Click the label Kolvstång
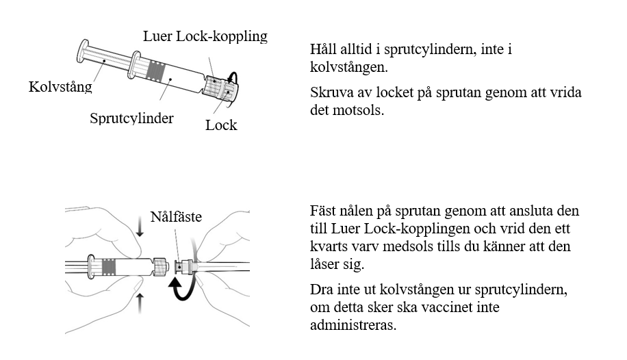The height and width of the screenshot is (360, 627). tap(60, 88)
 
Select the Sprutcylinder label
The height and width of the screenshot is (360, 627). tap(131, 118)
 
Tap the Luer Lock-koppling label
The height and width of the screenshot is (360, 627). tap(205, 36)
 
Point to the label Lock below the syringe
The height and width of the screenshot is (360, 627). tap(221, 125)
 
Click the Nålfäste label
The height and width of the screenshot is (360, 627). tap(178, 217)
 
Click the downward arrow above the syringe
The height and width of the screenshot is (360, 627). tap(140, 231)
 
